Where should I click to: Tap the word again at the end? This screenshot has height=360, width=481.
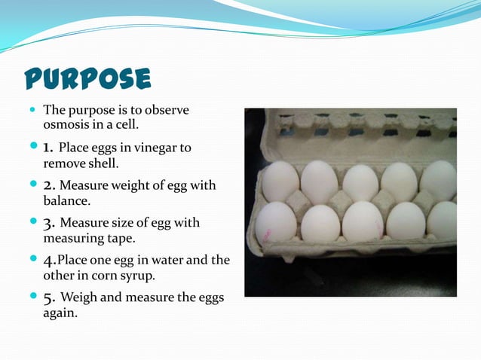click(x=60, y=313)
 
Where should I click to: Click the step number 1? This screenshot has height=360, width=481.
click(x=48, y=147)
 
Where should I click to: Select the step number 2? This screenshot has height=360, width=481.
click(x=49, y=185)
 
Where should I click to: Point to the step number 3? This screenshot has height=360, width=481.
click(x=49, y=222)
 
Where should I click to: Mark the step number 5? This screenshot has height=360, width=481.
click(x=49, y=297)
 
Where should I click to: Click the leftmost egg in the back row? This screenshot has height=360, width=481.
click(x=280, y=182)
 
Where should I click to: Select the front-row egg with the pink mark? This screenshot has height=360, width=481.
click(x=275, y=222)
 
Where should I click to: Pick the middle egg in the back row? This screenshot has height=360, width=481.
click(x=360, y=182)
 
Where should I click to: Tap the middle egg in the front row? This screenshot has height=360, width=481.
click(x=363, y=221)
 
